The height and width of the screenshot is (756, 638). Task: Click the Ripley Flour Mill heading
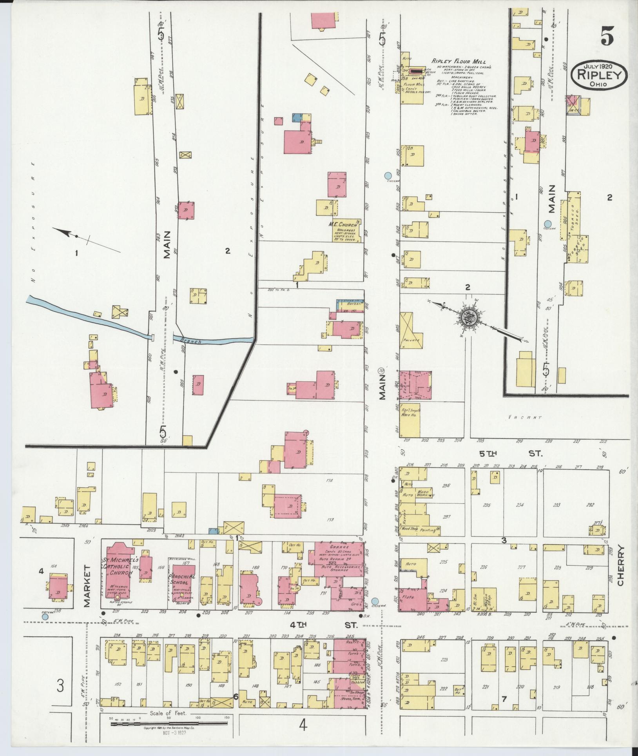coord(459,62)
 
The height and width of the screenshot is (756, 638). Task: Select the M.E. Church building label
coord(344,225)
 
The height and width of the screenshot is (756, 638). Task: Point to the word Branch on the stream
coord(191,341)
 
